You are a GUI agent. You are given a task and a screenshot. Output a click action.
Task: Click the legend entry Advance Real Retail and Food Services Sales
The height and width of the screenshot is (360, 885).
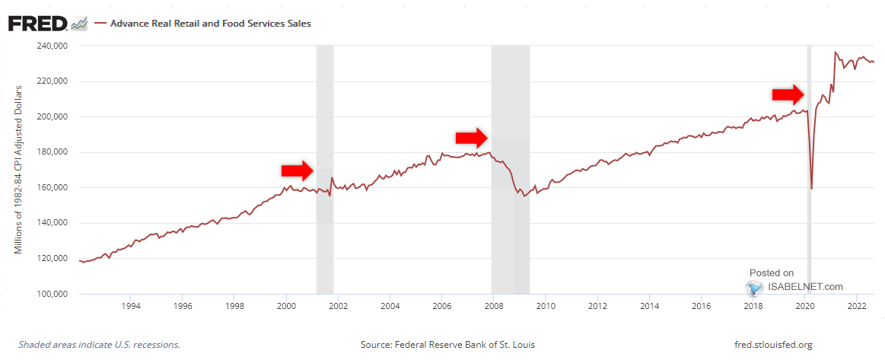(x=210, y=24)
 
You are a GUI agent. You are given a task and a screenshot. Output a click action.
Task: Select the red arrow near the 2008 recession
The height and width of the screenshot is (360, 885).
(x=472, y=138)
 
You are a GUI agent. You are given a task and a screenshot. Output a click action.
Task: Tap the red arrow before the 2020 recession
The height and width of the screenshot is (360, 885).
(x=788, y=94)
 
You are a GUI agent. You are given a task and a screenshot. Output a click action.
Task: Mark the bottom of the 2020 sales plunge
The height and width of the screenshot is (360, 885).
(x=811, y=188)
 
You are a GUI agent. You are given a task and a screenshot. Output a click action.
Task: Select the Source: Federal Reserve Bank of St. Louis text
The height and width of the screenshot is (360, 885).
(x=447, y=345)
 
